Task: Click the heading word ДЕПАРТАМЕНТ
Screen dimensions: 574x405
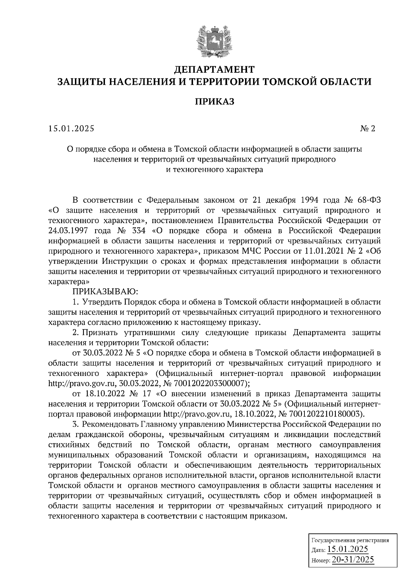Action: [214, 70]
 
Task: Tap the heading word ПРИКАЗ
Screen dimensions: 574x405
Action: [214, 102]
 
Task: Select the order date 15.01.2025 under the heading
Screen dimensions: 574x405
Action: [71, 128]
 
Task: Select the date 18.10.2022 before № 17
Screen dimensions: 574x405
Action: [102, 394]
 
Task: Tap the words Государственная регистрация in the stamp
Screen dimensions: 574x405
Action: [350, 540]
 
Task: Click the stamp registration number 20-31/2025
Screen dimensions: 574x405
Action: [353, 559]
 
